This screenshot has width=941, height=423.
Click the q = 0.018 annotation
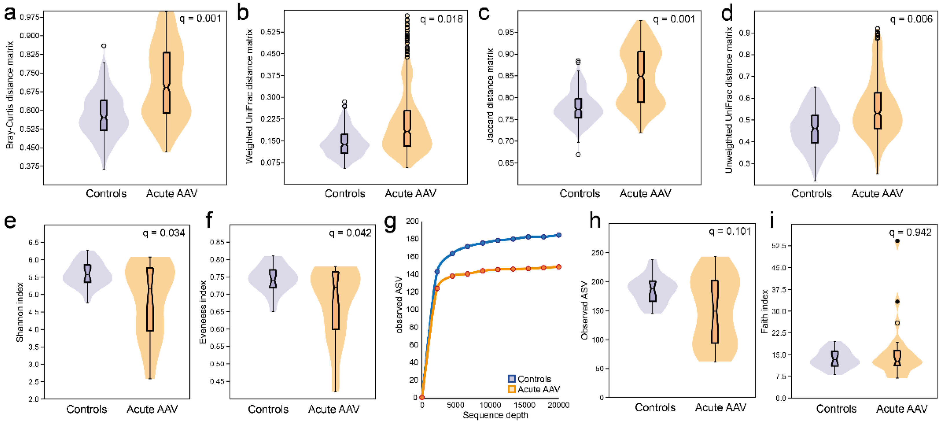(x=441, y=19)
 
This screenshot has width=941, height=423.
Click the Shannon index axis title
(x=20, y=312)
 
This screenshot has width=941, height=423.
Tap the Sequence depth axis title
(x=495, y=415)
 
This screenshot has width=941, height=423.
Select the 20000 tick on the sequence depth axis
(x=558, y=405)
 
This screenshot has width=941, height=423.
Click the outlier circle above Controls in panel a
(x=104, y=46)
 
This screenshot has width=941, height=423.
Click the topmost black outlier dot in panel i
(x=897, y=241)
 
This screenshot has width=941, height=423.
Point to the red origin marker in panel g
(x=422, y=397)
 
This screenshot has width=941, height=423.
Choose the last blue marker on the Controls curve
(x=558, y=235)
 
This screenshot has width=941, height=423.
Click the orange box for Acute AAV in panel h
(x=715, y=312)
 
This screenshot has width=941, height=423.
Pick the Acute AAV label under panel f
(x=334, y=409)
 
